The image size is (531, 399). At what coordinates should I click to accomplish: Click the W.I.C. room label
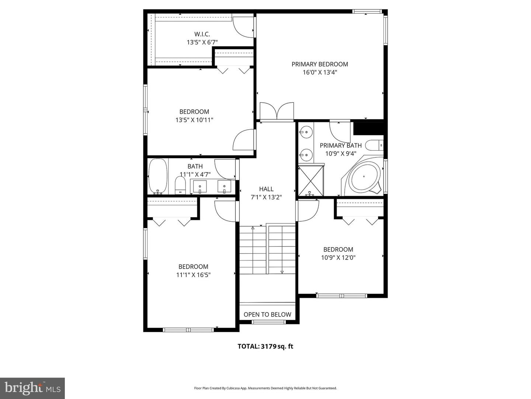202,34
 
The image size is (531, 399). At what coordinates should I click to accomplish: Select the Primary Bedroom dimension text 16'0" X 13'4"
320,72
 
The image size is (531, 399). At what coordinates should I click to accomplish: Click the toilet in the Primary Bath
376,146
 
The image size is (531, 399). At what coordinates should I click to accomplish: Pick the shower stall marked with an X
311,181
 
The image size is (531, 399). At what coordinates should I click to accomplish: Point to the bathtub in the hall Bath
158,176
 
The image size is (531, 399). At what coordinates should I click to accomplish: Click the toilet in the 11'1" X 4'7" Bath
180,184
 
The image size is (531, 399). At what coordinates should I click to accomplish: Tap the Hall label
266,189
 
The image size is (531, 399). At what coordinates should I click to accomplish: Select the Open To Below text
267,315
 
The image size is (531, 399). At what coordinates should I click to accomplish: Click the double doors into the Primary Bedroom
277,112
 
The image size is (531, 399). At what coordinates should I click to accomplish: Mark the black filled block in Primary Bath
369,129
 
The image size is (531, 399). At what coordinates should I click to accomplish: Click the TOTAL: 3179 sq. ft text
265,347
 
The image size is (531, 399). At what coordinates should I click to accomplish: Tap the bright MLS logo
32,388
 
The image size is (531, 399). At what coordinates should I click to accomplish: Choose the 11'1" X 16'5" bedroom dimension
193,275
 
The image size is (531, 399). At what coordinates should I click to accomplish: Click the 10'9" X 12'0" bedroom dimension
338,258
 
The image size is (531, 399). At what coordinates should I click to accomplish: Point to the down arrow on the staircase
282,272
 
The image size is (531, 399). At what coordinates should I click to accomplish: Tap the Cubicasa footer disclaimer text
265,388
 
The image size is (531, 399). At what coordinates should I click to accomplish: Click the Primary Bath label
340,146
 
